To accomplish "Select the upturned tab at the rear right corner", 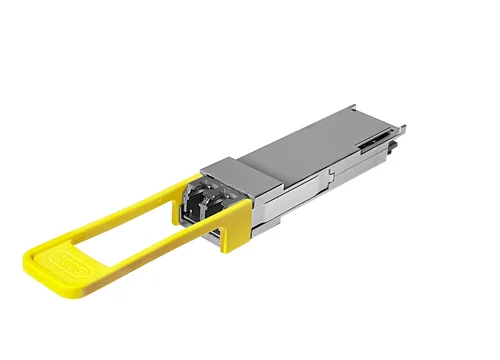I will pos(402,129).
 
